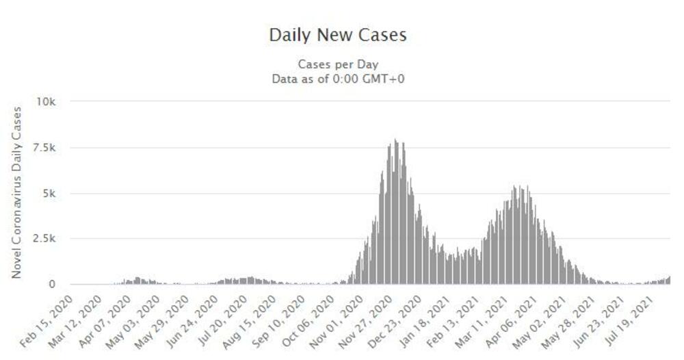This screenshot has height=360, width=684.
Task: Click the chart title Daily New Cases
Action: click(338, 35)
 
